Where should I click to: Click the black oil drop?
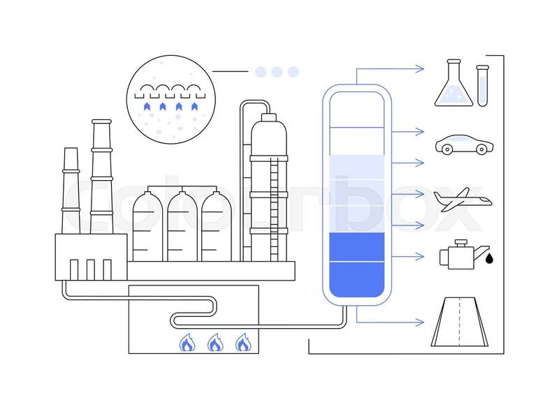pos(489,258)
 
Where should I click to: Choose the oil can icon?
pos(456,254)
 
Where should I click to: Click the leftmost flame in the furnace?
pos(187,343)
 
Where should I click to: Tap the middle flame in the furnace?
pos(214,343)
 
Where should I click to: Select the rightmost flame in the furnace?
pos(242,343)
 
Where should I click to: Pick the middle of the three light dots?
pos(277,71)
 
